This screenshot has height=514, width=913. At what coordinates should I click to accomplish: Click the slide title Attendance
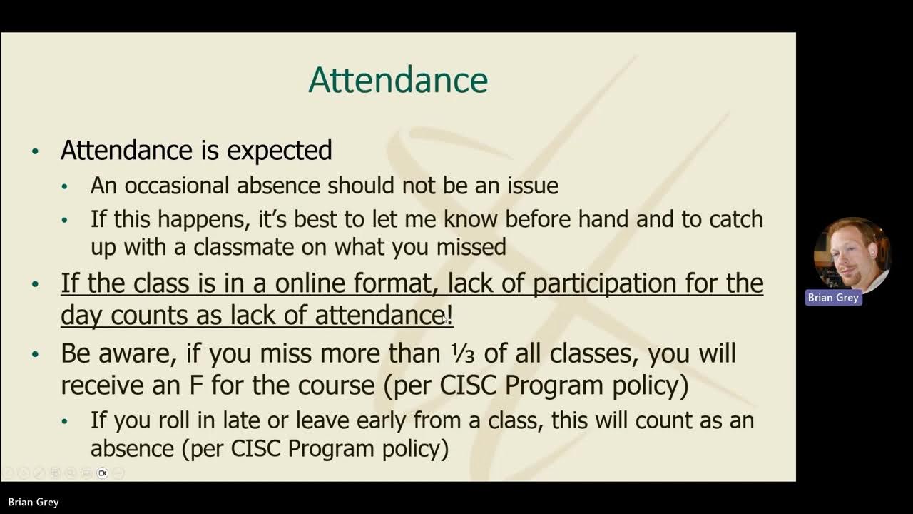coord(398,80)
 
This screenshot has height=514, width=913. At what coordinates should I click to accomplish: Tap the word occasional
coord(178,186)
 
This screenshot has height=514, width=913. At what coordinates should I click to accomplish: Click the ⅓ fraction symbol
coord(457,353)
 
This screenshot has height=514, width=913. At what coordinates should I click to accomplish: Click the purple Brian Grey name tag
coord(833,298)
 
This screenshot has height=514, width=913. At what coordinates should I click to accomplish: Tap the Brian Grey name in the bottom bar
coord(34,502)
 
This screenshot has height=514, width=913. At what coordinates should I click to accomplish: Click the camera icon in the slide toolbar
coord(102,473)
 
